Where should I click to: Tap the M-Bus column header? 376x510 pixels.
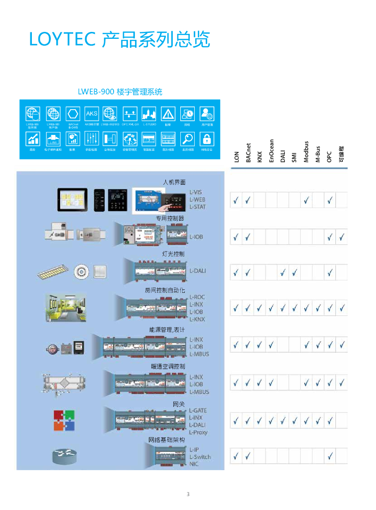click(318, 154)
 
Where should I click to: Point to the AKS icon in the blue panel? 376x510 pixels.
click(92, 114)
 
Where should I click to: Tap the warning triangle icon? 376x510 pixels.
click(168, 114)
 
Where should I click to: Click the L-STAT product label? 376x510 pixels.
click(198, 206)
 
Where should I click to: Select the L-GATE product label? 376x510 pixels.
click(198, 410)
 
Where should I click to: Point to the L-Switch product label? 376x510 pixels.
click(200, 457)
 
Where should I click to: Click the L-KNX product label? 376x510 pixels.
click(197, 319)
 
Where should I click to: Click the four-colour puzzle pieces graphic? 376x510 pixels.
click(64, 420)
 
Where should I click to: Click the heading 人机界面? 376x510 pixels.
click(174, 183)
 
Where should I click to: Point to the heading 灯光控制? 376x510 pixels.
click(173, 254)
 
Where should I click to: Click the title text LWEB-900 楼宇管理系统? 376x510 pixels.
click(120, 92)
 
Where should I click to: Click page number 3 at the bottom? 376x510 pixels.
click(188, 494)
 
